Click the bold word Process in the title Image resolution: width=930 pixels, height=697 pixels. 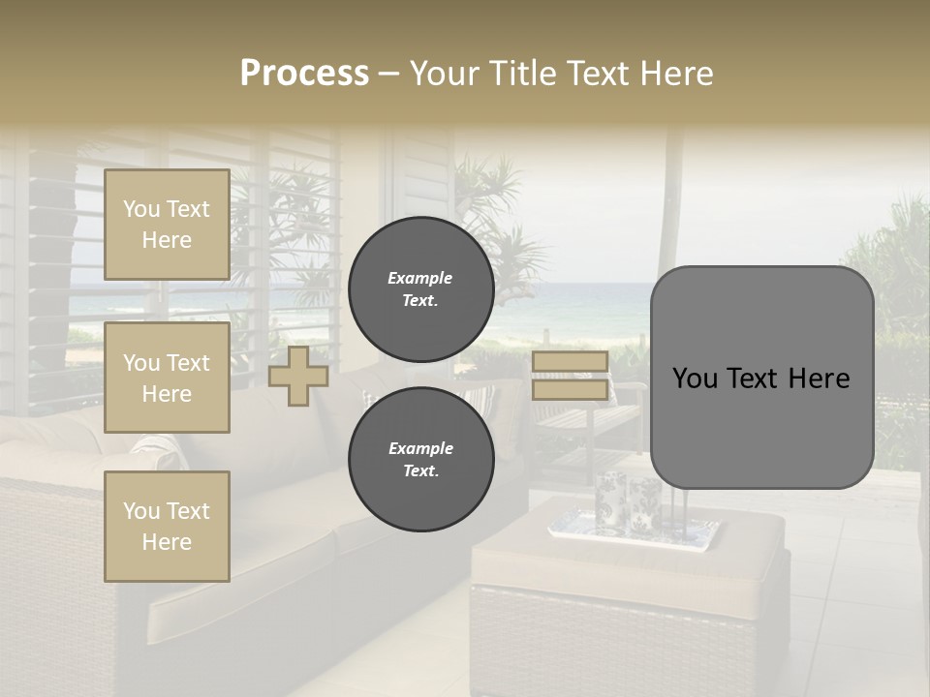click(304, 74)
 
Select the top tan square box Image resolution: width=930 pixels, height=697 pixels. click(167, 225)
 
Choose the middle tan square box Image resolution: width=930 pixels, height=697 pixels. click(167, 378)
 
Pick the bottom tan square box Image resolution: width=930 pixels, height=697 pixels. click(167, 527)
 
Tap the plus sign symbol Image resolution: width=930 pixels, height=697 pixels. click(298, 376)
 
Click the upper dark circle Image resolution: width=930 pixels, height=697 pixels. click(420, 288)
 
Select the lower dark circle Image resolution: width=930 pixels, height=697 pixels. click(420, 459)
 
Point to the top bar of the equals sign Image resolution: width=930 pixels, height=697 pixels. click(570, 362)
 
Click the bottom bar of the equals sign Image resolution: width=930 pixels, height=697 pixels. click(570, 390)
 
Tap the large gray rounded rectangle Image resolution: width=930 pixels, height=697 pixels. click(761, 378)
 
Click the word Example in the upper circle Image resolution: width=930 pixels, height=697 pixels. click(420, 278)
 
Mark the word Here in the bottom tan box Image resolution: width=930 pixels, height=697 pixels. click(167, 542)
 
